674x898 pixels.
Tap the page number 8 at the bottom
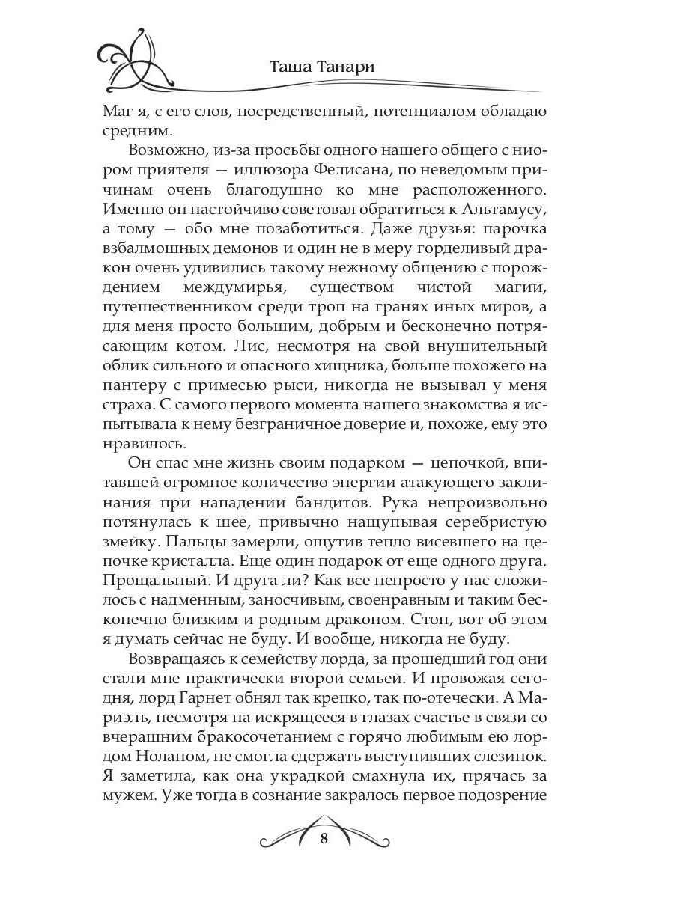(324, 837)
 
